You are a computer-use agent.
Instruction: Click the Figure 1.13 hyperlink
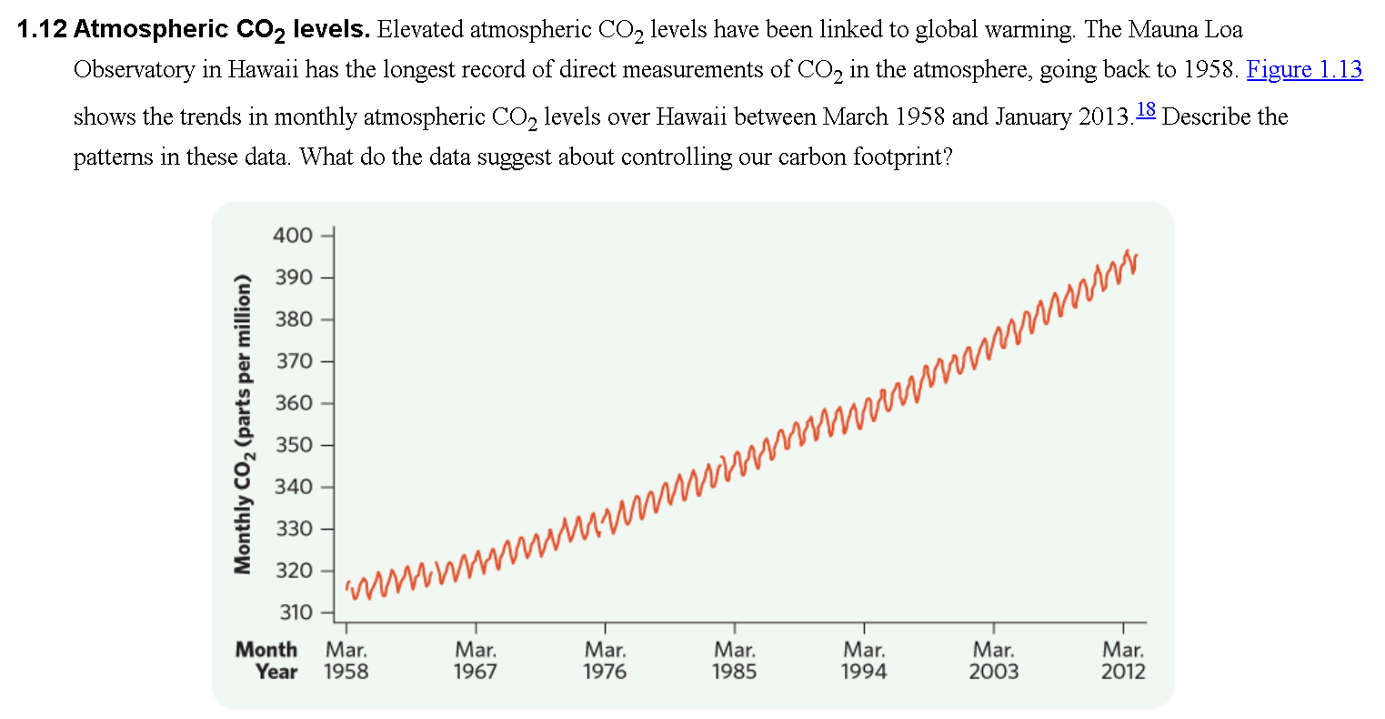1304,70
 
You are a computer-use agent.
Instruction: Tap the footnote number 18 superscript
1145,111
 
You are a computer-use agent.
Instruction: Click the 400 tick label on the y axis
292,236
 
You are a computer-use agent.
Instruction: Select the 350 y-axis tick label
292,445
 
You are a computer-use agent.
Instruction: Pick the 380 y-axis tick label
292,319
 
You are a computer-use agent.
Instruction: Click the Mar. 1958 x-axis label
346,661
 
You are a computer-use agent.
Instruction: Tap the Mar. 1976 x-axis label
605,661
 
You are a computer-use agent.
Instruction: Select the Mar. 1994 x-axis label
864,661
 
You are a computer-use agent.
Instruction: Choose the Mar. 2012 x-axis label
1124,661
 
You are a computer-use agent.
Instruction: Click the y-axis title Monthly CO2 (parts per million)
242,424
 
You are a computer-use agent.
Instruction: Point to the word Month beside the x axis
266,650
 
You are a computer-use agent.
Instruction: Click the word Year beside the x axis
276,672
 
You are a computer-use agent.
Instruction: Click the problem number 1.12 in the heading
42,29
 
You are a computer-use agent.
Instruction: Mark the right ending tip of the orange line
1136,258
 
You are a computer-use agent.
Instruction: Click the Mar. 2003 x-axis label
994,661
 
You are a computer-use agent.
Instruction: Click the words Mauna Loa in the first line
1185,29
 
